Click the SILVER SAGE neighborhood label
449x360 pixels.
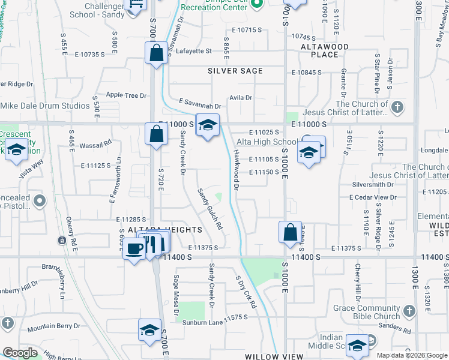235,71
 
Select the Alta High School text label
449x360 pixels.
267,142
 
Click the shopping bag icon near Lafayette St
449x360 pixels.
156,52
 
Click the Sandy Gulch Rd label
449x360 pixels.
211,209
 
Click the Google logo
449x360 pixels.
20,353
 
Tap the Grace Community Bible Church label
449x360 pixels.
367,312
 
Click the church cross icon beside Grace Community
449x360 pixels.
409,311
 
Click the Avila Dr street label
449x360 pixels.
241,97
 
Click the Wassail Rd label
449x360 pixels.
96,143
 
